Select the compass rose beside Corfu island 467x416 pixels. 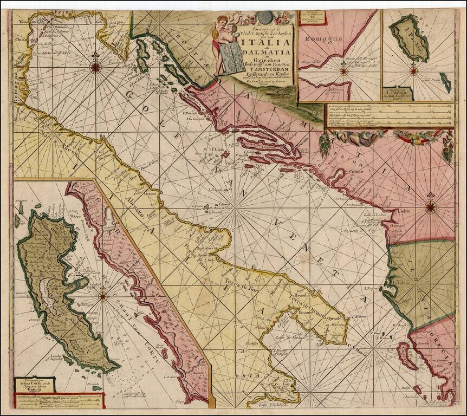[x=102, y=296]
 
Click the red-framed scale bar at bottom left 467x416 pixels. [x=59, y=401]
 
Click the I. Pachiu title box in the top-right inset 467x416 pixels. [x=397, y=94]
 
